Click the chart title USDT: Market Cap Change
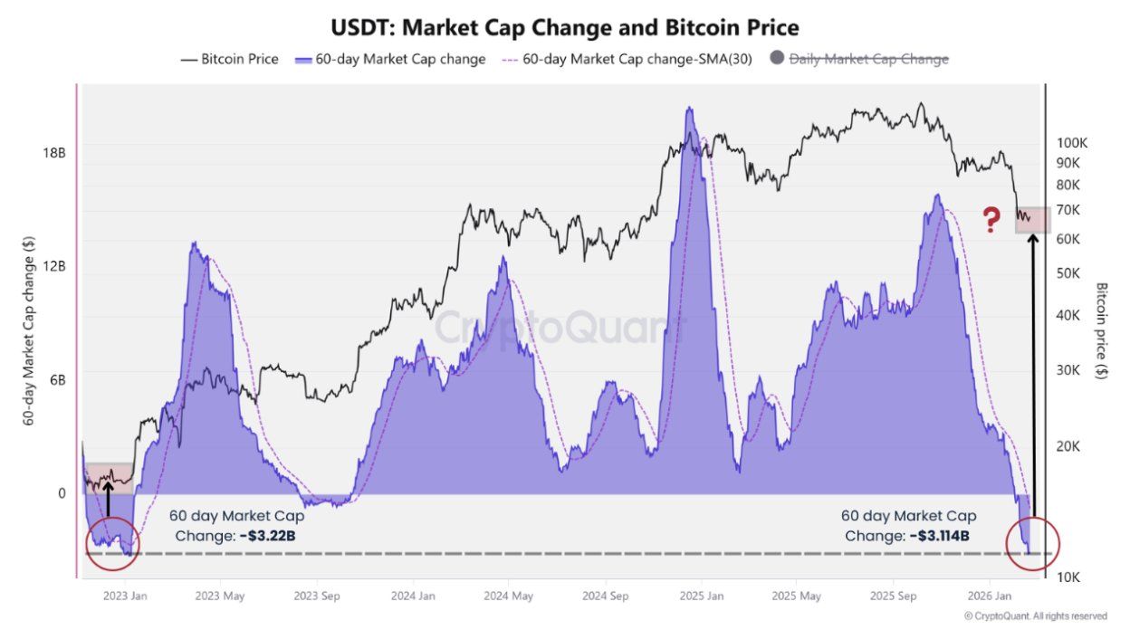564,26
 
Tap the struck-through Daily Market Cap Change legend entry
868,59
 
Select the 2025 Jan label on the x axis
702,596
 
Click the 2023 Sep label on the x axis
316,596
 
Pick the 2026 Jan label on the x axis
991,596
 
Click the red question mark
992,220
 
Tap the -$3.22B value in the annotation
268,535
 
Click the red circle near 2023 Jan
112,544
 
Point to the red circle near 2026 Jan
1032,544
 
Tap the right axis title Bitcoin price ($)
1102,330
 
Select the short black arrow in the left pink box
108,497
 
